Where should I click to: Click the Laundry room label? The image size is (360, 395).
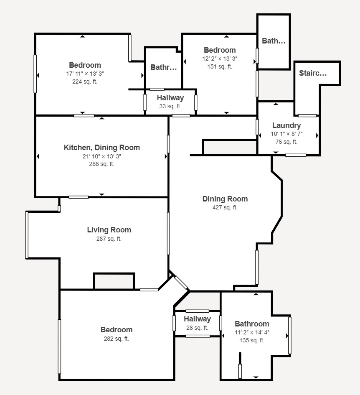point(286,125)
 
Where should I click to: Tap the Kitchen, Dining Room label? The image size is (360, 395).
point(102,148)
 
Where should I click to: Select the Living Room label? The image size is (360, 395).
point(109,230)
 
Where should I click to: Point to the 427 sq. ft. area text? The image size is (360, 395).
point(225,207)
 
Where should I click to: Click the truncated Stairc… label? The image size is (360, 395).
point(313,73)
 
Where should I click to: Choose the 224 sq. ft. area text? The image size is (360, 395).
point(85,82)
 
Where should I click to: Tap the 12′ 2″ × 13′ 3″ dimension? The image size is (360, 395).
point(220,59)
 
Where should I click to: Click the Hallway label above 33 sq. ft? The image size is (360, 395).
point(170,98)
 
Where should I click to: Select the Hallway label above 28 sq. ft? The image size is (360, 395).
point(198,319)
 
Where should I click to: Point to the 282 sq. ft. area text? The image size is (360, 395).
point(116,339)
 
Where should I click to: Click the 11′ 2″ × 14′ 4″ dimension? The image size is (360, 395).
point(252,332)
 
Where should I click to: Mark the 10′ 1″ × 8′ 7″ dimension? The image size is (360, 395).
point(286,134)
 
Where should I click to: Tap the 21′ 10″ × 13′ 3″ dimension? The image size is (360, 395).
point(102,156)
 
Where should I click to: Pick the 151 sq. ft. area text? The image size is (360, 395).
point(220,66)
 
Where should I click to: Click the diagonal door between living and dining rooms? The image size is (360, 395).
point(181,283)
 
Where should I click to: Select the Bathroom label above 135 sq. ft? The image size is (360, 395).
point(252,324)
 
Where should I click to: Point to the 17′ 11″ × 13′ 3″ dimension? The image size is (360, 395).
point(85,74)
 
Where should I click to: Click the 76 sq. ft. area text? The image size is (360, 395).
point(286,142)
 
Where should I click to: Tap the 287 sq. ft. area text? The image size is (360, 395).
point(109,239)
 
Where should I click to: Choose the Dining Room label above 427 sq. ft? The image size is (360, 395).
point(225,199)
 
